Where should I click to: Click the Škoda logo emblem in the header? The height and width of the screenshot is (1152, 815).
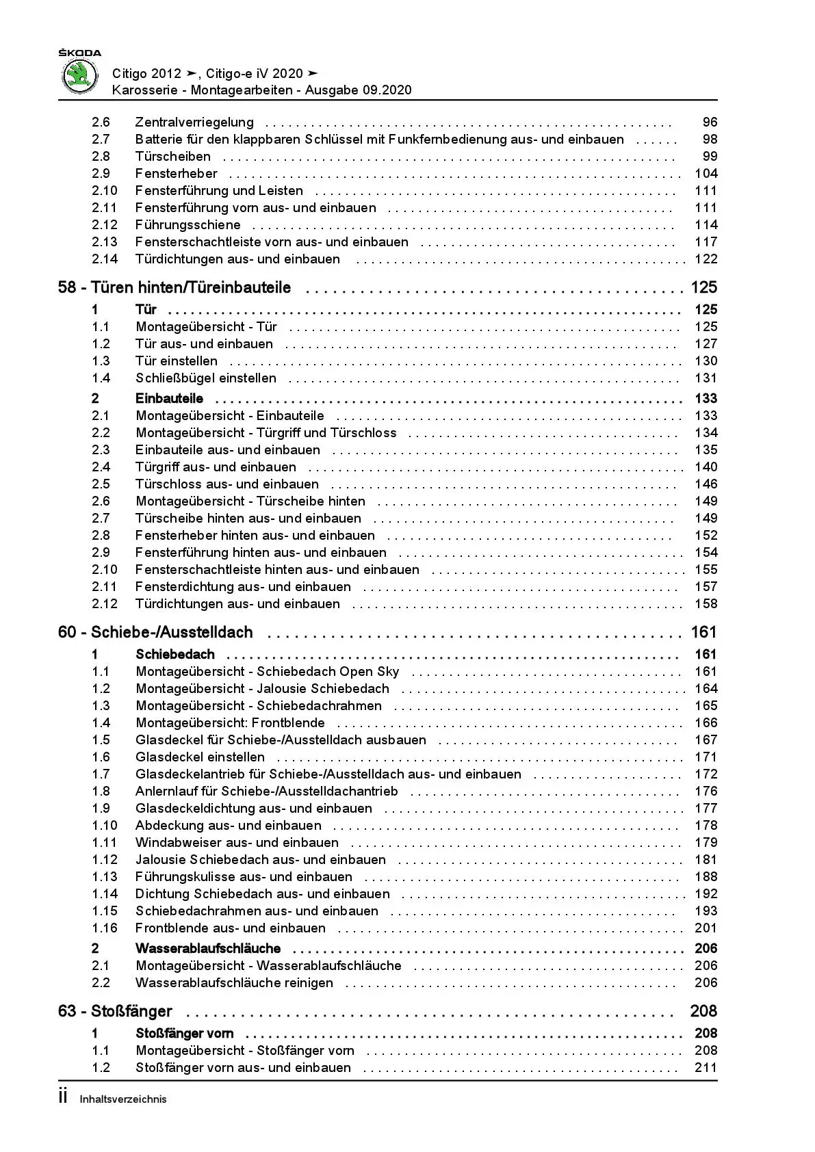pos(79,76)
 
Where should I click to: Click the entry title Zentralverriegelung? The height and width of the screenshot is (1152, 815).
pos(194,122)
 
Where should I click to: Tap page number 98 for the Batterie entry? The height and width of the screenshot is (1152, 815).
pos(710,140)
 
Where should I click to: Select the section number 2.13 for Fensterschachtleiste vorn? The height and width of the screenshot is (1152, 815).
pos(105,242)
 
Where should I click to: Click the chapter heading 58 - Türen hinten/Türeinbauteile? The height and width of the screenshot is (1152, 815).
pos(174,288)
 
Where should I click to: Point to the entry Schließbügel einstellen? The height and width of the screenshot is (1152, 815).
pos(206,378)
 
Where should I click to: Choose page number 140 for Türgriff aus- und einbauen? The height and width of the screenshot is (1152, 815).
pos(706,467)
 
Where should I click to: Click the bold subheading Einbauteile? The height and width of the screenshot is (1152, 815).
pos(169,399)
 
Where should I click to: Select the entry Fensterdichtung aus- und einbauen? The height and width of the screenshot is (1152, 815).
pos(243,587)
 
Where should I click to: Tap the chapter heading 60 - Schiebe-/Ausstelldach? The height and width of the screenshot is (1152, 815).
pos(155,633)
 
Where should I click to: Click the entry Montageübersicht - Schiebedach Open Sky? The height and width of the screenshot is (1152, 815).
pos(268,672)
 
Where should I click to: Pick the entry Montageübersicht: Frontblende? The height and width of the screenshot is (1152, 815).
pos(230,723)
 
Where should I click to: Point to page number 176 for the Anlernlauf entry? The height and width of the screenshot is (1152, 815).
pos(706,791)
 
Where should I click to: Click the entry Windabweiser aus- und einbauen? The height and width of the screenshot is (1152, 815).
pos(237,843)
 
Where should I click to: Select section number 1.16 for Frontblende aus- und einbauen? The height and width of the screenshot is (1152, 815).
pos(105,928)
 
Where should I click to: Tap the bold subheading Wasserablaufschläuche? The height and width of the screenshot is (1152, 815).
pos(208,949)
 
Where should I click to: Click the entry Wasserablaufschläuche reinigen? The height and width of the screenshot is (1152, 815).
pos(234,983)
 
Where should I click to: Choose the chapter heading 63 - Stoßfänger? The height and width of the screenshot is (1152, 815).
pos(115,1012)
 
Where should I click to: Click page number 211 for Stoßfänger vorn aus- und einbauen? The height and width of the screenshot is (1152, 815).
pos(706,1068)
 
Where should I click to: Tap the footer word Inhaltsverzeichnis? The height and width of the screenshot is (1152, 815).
pos(123,1100)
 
